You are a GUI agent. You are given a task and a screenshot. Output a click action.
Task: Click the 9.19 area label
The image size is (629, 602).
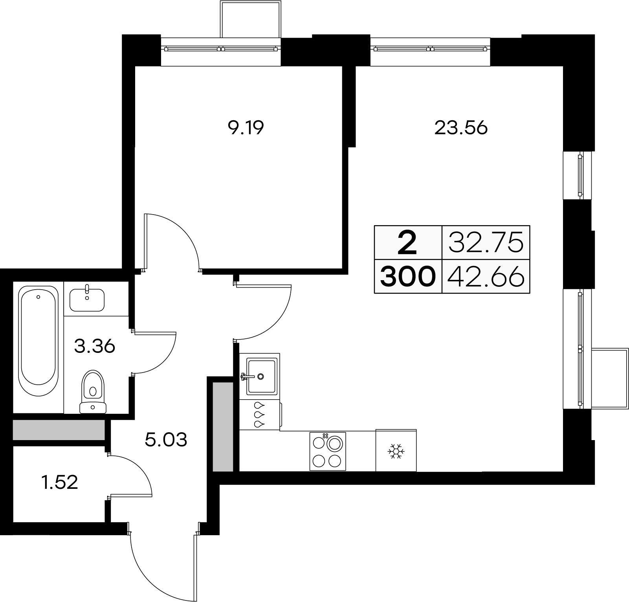coord(245,128)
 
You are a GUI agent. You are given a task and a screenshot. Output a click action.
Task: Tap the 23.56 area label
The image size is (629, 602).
coord(461,128)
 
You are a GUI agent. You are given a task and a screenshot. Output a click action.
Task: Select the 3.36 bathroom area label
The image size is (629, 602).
coord(94,347)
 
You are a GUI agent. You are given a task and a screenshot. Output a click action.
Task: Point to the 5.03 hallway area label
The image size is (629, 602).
coord(166,440)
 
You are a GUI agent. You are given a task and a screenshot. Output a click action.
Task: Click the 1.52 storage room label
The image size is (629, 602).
coord(60,482)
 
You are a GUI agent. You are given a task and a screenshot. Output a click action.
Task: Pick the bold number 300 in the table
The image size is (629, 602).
coord(408,276)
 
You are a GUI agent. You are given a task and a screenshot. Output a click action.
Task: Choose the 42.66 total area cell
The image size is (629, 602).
coord(486,276)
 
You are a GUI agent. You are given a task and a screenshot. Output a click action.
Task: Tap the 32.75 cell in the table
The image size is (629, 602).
coord(486,242)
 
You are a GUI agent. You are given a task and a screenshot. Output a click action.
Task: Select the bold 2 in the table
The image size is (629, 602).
coord(407,242)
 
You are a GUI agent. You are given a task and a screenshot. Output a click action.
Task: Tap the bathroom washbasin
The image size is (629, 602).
coord(87,299)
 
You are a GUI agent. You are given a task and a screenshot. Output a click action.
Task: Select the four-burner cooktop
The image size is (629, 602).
coord(328,451)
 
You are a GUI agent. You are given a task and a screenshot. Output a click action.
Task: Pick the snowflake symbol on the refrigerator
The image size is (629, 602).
coord(396,451)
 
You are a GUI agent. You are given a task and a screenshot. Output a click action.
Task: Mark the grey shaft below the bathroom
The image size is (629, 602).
coord(59,430)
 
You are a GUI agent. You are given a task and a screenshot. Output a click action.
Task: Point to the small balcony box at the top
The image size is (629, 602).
coord(251,19)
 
